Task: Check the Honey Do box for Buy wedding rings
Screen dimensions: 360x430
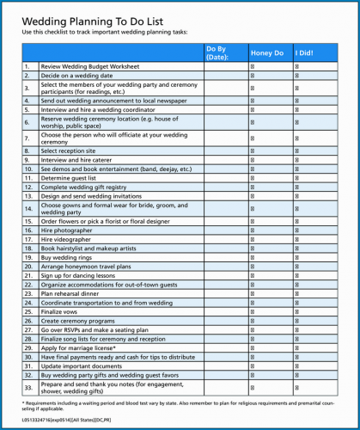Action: [x=253, y=257]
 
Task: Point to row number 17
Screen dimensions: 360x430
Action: [x=28, y=239]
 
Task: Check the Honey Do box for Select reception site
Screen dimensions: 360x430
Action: [x=253, y=150]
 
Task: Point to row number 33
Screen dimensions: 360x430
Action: [x=28, y=387]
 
